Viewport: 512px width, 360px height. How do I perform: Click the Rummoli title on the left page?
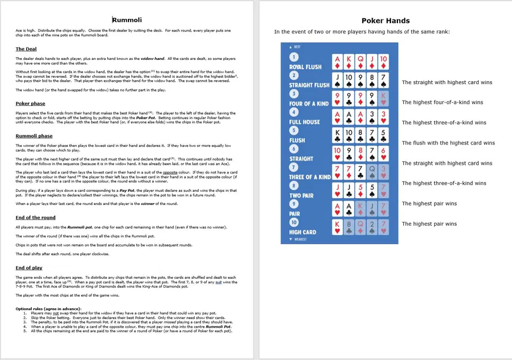click(x=127, y=21)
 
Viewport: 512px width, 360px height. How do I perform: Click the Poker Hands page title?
click(x=385, y=21)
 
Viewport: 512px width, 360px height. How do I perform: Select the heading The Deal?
click(x=26, y=49)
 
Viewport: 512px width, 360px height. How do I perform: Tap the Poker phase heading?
click(x=31, y=104)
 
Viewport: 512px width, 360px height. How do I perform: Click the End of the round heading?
click(x=36, y=217)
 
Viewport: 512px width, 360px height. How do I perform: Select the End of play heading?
click(x=29, y=268)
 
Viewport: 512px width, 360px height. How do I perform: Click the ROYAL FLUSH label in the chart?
click(x=305, y=67)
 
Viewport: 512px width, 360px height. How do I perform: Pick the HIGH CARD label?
click(x=302, y=232)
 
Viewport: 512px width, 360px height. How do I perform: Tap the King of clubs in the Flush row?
click(x=338, y=135)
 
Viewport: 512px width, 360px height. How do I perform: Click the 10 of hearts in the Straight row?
click(x=338, y=154)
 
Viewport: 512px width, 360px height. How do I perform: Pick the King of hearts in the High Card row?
click(x=338, y=227)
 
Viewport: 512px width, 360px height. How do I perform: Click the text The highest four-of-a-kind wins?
click(x=442, y=103)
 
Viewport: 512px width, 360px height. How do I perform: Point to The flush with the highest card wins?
click(x=448, y=143)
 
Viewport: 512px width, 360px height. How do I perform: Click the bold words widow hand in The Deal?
click(x=153, y=58)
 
